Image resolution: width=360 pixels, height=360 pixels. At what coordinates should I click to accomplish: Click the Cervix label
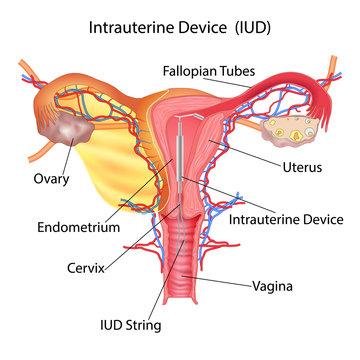[61, 267]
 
